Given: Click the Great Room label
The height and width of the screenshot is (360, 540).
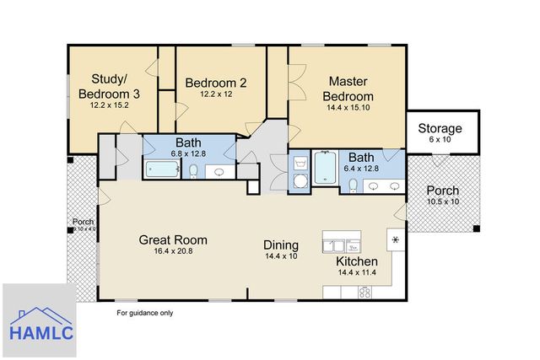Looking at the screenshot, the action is coord(173,240).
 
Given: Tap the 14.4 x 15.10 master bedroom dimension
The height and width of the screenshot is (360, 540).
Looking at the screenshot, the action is coord(348,107).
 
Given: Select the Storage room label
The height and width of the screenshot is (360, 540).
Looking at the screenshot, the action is coord(440,128).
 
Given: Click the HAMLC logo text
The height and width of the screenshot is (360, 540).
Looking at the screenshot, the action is coord(41,333).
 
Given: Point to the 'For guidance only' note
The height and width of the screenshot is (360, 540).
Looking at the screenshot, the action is coord(144,313).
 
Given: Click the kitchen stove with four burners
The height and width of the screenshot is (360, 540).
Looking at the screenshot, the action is coord(364,293).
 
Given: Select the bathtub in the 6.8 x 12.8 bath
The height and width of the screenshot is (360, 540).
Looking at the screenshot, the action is coord(162,169).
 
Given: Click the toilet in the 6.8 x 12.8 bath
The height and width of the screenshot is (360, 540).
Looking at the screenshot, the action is coord(193,171).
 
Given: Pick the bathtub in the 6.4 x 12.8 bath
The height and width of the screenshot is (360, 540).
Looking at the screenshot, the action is coord(325,168).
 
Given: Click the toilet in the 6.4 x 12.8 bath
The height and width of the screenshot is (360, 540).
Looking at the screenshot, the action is coord(353,185).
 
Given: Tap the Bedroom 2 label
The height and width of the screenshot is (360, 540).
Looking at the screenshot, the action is coord(216,83).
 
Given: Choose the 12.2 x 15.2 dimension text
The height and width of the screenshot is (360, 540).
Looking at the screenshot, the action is coord(109,105).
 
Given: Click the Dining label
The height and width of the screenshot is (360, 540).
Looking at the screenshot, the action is coord(281,245).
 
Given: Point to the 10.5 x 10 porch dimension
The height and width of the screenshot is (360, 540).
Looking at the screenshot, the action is coord(443,201).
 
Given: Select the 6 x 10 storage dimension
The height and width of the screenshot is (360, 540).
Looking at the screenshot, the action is coord(440,139).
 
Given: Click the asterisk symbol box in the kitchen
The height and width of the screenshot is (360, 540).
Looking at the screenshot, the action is coord(396,240).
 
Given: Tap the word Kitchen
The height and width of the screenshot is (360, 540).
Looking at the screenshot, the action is coord(357,261).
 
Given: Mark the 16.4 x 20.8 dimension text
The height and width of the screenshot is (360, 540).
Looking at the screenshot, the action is coord(173,251).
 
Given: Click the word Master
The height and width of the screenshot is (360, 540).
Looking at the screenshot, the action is coord(348,81).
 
